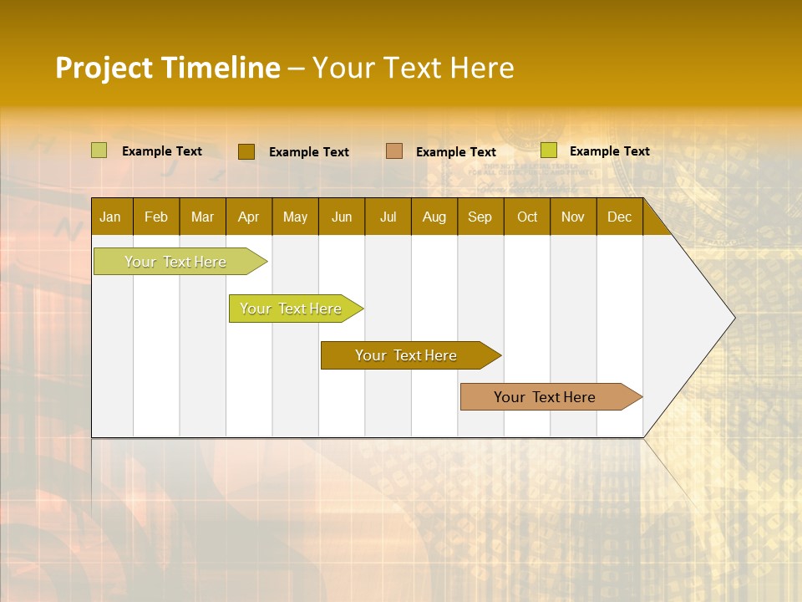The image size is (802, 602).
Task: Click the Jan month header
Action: coord(110,217)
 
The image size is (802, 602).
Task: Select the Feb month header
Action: coord(156,217)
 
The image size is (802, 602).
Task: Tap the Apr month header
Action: coord(248,217)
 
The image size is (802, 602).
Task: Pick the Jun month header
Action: coord(342,217)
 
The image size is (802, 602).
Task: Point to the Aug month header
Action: coord(434,217)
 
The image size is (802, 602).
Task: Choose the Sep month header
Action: coord(480,217)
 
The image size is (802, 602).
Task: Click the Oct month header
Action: coord(527,217)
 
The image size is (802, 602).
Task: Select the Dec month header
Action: coord(619,217)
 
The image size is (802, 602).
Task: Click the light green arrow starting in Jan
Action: coord(175,262)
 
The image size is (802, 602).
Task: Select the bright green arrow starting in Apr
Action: coord(291,309)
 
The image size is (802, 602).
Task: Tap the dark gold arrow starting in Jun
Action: coord(406,355)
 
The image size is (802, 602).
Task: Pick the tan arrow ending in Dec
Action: coord(545,397)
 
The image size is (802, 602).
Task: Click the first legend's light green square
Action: coord(99,150)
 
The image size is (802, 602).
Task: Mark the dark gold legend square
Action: coord(246,151)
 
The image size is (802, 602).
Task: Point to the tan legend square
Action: coord(394,150)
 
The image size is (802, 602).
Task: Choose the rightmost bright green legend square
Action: coord(549,150)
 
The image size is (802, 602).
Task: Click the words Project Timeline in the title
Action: coord(167,68)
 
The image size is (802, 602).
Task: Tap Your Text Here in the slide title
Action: coord(413,68)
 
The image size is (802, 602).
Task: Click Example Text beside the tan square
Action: coord(455,151)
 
